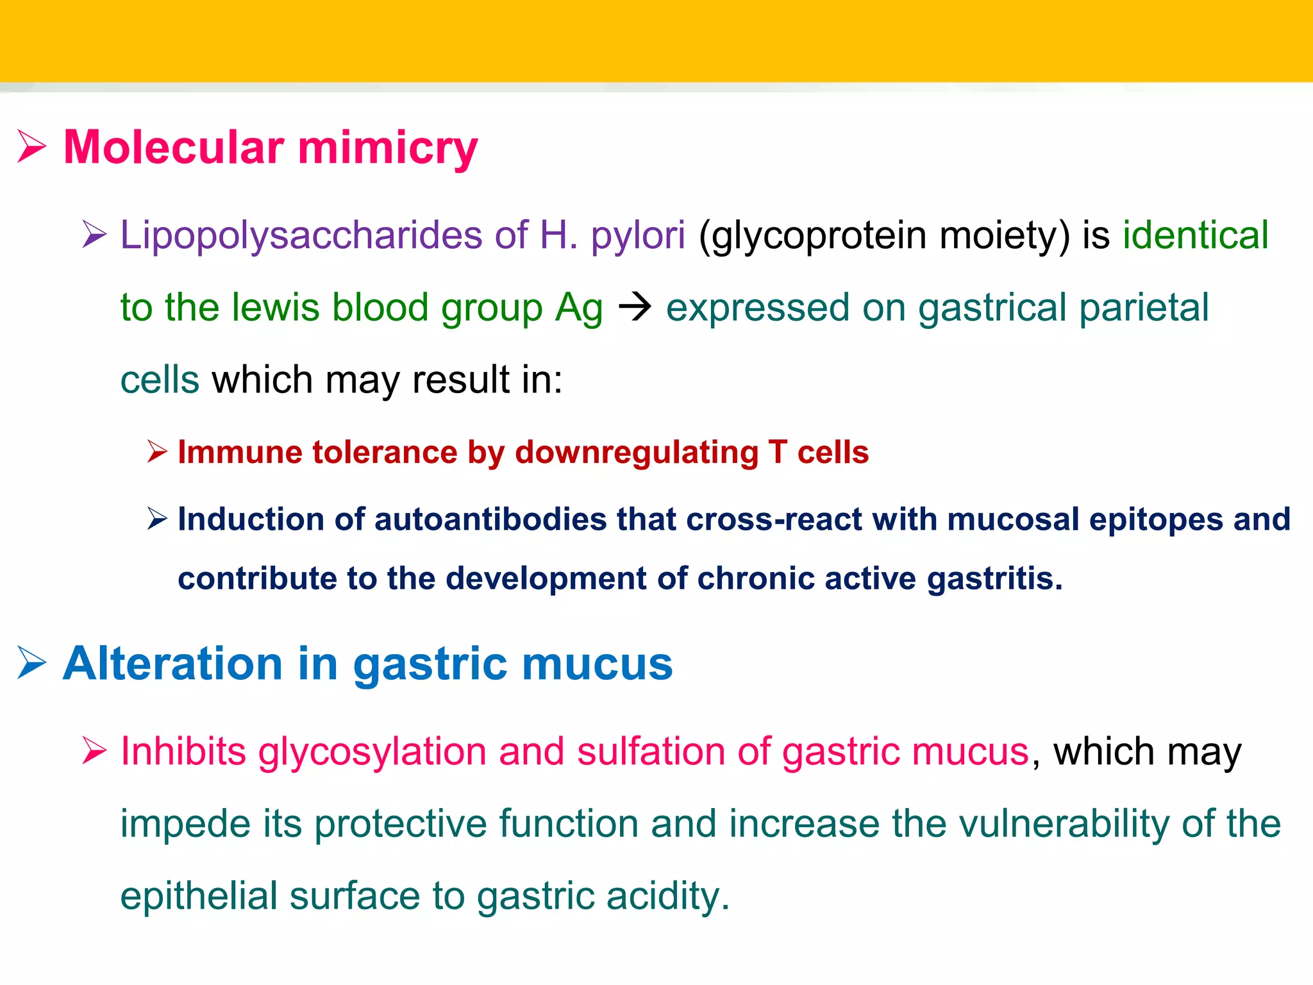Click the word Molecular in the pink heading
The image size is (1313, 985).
point(173,147)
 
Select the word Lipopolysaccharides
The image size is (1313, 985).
point(301,235)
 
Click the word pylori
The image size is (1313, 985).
point(638,236)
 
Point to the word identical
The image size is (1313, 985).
point(1195,235)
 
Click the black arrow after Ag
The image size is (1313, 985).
point(635,308)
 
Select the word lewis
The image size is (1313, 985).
point(275,307)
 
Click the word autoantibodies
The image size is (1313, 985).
point(490,519)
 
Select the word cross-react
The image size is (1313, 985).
point(774,519)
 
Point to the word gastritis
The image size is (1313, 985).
point(994,578)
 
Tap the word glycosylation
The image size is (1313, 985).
point(372,752)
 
